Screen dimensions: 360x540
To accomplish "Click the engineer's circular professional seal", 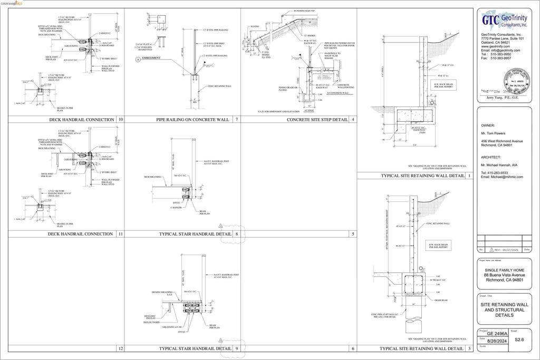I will click(514, 81).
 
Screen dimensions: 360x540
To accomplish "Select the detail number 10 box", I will click(121, 120).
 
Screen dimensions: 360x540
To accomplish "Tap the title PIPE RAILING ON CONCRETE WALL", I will click(192, 120).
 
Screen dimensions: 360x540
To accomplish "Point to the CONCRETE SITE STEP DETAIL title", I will click(317, 120).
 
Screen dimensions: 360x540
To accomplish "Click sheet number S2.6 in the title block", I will click(520, 339).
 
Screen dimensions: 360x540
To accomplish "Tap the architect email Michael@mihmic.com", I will click(502, 177).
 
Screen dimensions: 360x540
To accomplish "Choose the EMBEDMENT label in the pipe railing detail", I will click(151, 58).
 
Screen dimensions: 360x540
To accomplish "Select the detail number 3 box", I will click(469, 348).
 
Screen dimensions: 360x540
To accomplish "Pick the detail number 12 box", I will click(121, 348).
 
